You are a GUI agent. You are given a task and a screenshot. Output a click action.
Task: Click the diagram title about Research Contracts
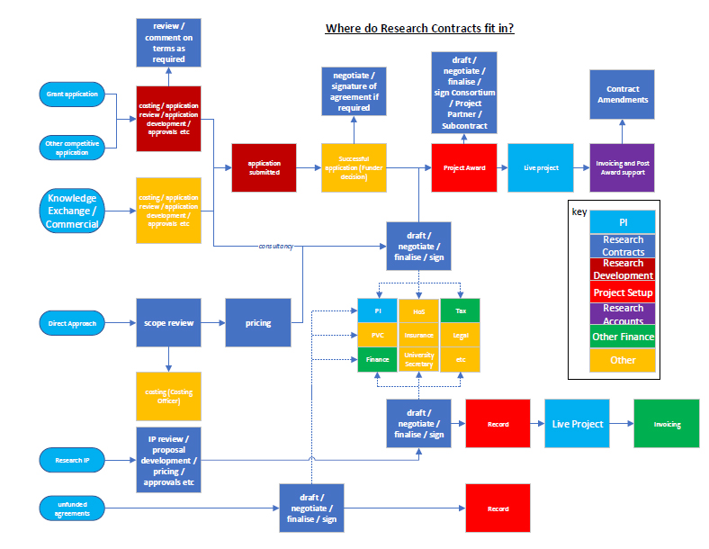point(419,28)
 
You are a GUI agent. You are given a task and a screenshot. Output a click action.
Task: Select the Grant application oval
point(73,94)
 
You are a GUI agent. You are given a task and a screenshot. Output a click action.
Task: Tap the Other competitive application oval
point(73,147)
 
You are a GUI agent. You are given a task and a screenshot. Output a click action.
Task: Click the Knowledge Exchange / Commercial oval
point(73,211)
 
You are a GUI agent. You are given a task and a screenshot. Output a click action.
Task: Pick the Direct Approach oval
point(73,322)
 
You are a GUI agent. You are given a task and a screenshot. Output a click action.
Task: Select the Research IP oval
point(73,460)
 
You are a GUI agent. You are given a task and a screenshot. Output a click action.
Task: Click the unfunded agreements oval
point(73,508)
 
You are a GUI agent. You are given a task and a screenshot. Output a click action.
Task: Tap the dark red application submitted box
point(264,167)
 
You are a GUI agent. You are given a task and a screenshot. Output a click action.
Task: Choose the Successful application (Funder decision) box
point(354,167)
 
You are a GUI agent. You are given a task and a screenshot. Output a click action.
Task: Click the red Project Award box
point(464,167)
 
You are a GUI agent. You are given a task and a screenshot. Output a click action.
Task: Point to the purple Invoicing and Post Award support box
point(622,167)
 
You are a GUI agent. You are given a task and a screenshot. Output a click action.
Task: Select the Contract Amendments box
point(622,94)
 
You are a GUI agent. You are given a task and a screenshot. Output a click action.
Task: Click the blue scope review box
point(167,322)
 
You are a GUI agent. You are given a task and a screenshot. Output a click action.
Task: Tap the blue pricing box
point(258,322)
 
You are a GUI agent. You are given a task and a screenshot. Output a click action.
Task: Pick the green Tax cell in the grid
point(460,310)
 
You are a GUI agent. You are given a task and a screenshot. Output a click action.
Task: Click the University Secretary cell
point(419,360)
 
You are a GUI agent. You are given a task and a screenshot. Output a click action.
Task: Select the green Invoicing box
point(667,424)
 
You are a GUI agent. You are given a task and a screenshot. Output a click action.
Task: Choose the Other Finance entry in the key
point(623,337)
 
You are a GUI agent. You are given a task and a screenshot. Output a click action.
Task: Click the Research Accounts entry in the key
point(623,314)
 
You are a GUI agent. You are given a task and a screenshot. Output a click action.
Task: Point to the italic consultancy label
point(276,246)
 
